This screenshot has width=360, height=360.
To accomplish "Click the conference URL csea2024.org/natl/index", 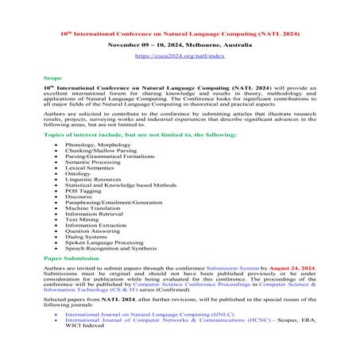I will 180,57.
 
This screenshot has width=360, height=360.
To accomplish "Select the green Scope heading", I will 52,79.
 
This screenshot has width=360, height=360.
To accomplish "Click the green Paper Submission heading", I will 72,259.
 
